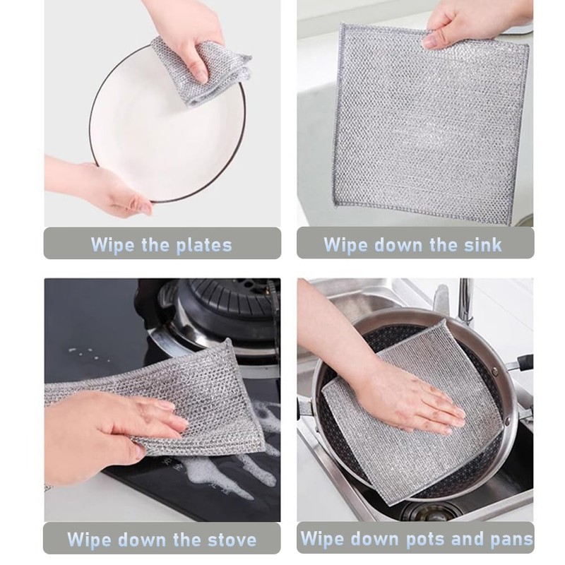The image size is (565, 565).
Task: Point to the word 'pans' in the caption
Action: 508,539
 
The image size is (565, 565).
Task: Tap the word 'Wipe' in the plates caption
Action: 113,245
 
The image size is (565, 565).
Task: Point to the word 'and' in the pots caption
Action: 467,539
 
